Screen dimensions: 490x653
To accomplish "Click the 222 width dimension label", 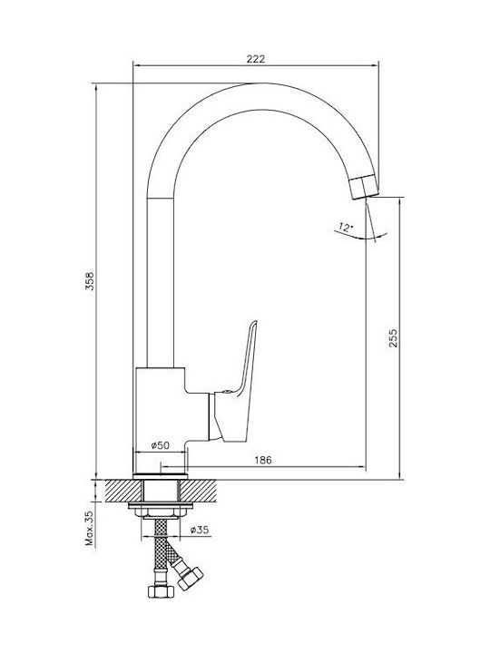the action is pyautogui.click(x=255, y=59).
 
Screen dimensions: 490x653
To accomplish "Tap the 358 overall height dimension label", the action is pyautogui.click(x=90, y=280).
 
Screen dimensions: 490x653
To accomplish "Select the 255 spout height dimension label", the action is pyautogui.click(x=393, y=338).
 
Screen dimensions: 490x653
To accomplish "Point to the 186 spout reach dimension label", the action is pyautogui.click(x=263, y=460).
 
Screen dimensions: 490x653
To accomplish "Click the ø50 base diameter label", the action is pyautogui.click(x=161, y=445).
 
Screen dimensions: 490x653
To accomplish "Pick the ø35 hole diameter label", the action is pyautogui.click(x=199, y=530).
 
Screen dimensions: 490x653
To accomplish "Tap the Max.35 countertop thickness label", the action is pyautogui.click(x=90, y=529).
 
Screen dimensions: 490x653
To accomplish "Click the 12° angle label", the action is pyautogui.click(x=346, y=228).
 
